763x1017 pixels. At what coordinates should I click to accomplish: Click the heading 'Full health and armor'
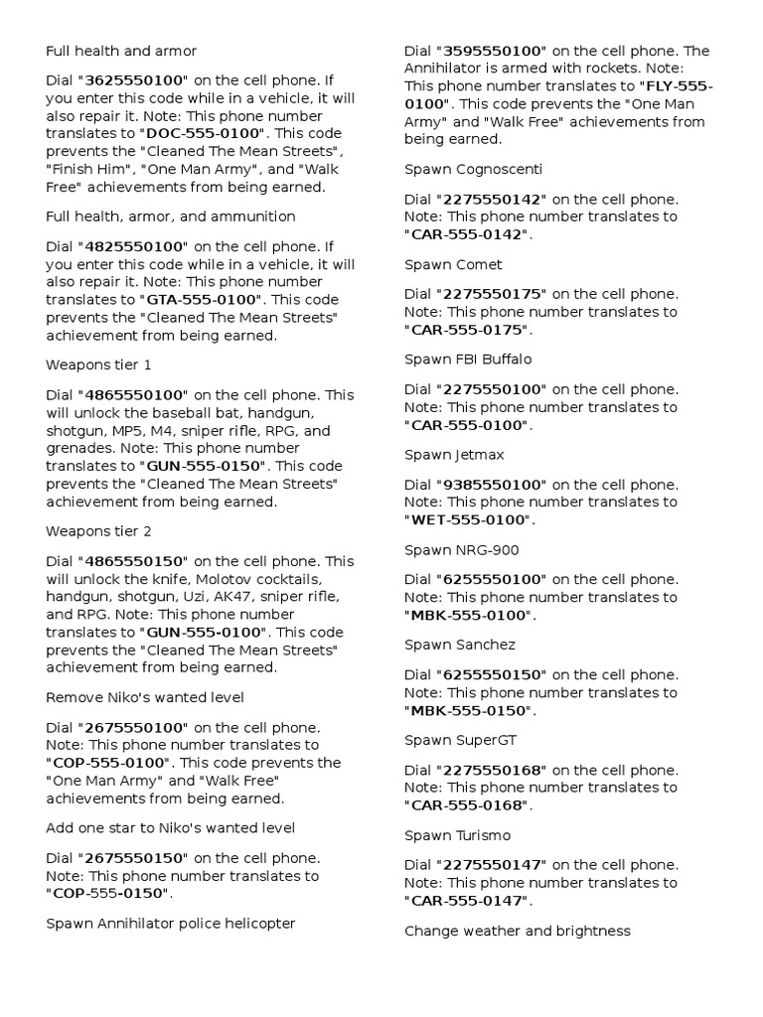pyautogui.click(x=121, y=51)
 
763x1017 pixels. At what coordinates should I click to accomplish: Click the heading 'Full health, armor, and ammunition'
pyautogui.click(x=171, y=217)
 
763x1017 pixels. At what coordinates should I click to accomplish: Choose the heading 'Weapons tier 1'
pyautogui.click(x=98, y=365)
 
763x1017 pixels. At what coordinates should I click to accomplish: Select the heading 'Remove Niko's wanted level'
pyautogui.click(x=145, y=697)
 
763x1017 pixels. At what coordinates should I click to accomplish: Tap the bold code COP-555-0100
pyautogui.click(x=109, y=763)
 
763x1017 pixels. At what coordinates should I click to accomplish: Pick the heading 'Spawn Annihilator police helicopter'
pyautogui.click(x=171, y=924)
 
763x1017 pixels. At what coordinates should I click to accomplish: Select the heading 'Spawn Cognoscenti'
pyautogui.click(x=474, y=169)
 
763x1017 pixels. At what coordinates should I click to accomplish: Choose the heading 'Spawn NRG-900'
pyautogui.click(x=462, y=550)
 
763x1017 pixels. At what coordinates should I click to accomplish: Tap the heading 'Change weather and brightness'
pyautogui.click(x=518, y=931)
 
